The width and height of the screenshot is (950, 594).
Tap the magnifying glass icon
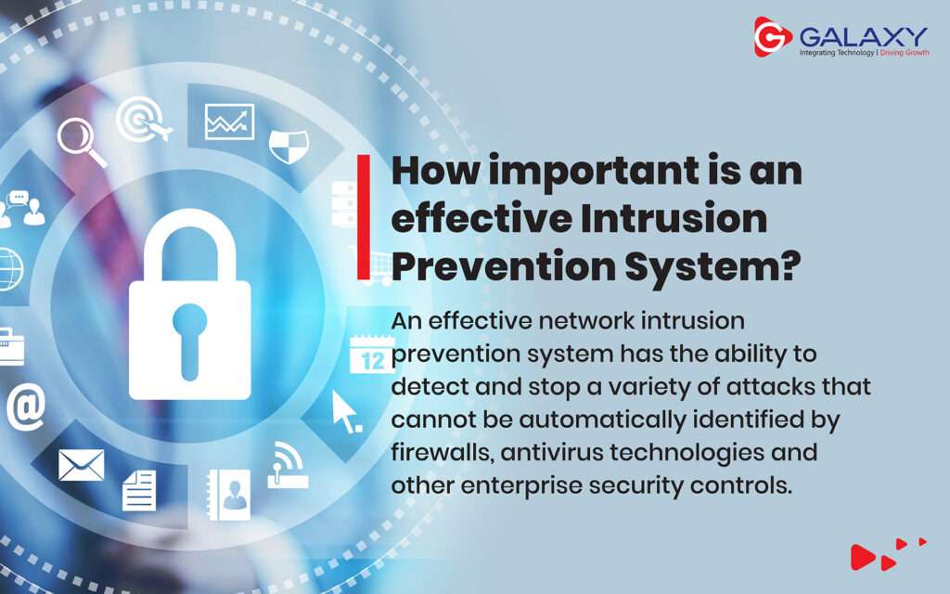click(82, 142)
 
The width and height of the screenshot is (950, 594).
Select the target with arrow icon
click(144, 120)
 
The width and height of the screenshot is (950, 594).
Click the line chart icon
click(230, 122)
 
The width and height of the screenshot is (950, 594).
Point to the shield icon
click(289, 146)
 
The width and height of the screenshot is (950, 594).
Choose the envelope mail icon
click(82, 465)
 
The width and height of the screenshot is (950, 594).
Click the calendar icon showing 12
click(371, 355)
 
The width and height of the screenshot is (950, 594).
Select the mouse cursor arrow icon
click(346, 411)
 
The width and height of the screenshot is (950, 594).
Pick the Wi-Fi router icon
click(288, 466)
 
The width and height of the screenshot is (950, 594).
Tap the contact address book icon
click(228, 496)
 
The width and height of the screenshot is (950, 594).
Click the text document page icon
click(139, 490)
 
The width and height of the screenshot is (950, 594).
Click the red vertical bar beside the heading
click(364, 217)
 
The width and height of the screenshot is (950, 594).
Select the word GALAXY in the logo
click(864, 36)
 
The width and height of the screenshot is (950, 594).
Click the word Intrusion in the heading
click(674, 218)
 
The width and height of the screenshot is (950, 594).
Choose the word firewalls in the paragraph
click(442, 452)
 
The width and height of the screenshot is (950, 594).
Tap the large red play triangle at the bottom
click(862, 557)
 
